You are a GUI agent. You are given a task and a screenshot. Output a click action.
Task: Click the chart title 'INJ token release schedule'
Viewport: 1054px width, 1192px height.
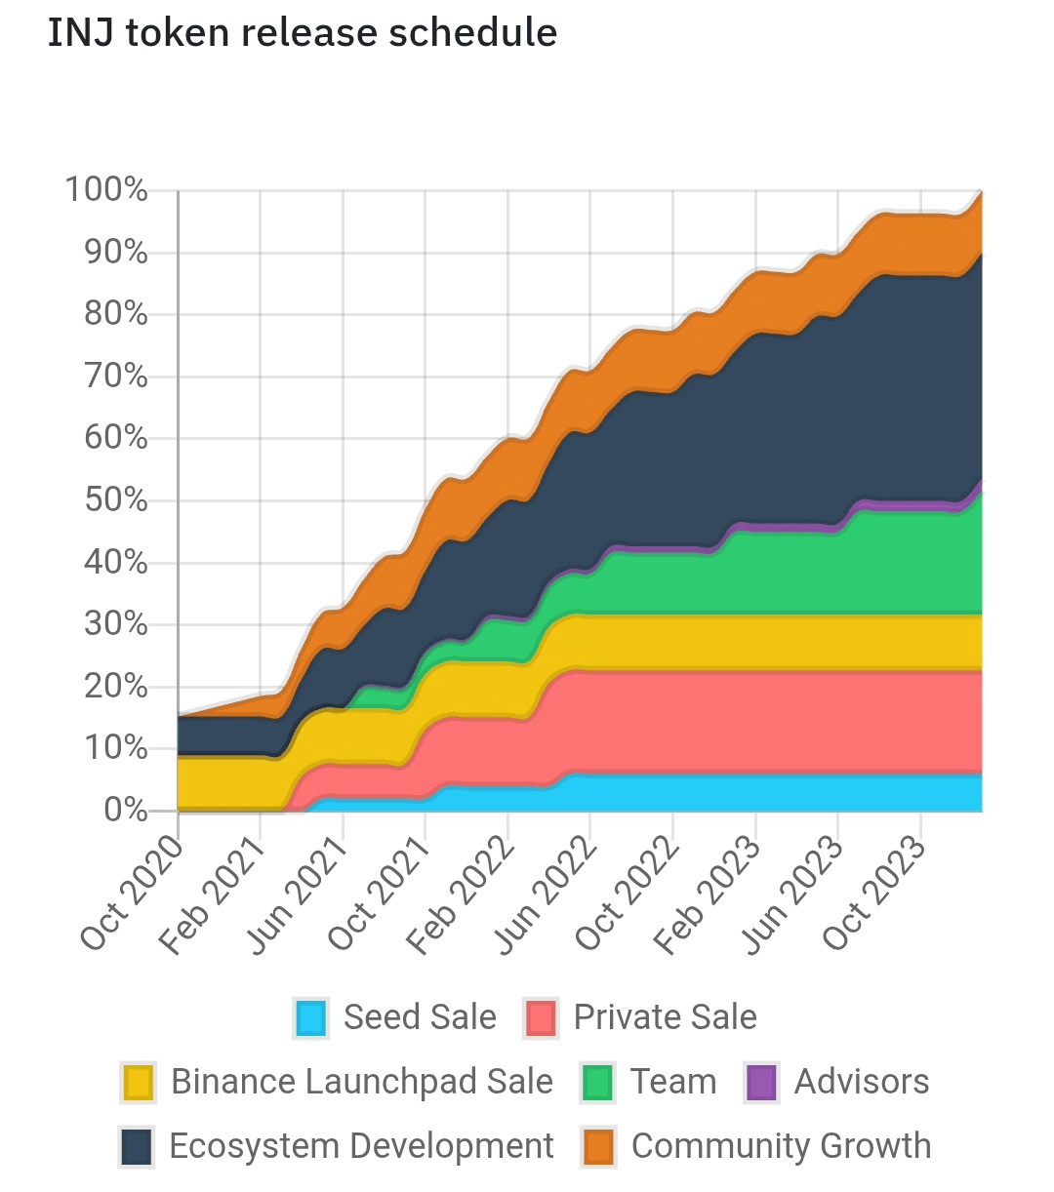click(303, 34)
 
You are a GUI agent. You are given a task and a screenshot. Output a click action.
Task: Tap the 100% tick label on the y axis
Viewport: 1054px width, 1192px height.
click(106, 189)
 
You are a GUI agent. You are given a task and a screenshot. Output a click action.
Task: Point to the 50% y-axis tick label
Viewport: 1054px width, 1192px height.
click(115, 500)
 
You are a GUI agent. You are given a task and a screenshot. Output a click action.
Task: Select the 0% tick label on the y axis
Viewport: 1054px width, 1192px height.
click(125, 810)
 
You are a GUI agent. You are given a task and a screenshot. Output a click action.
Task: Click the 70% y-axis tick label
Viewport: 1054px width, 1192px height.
click(115, 376)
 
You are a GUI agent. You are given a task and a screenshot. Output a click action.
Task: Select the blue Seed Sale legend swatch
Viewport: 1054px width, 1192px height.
click(310, 1018)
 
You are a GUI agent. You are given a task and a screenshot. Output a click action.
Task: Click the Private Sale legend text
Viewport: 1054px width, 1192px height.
click(665, 1017)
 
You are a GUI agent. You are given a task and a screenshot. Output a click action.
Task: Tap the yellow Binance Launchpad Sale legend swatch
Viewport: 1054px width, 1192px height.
click(139, 1083)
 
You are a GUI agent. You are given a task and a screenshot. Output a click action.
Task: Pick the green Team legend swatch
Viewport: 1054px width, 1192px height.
click(596, 1083)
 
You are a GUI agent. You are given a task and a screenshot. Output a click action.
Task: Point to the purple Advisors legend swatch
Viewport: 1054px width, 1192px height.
click(761, 1083)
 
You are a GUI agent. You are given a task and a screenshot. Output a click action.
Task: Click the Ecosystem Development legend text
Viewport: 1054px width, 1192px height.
click(361, 1146)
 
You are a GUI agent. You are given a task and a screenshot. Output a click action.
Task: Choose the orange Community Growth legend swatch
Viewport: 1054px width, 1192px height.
click(598, 1146)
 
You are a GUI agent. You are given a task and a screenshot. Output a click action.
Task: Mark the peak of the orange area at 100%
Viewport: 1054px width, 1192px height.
click(980, 193)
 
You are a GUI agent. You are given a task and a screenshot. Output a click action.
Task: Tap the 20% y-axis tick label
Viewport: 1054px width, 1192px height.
click(115, 686)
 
